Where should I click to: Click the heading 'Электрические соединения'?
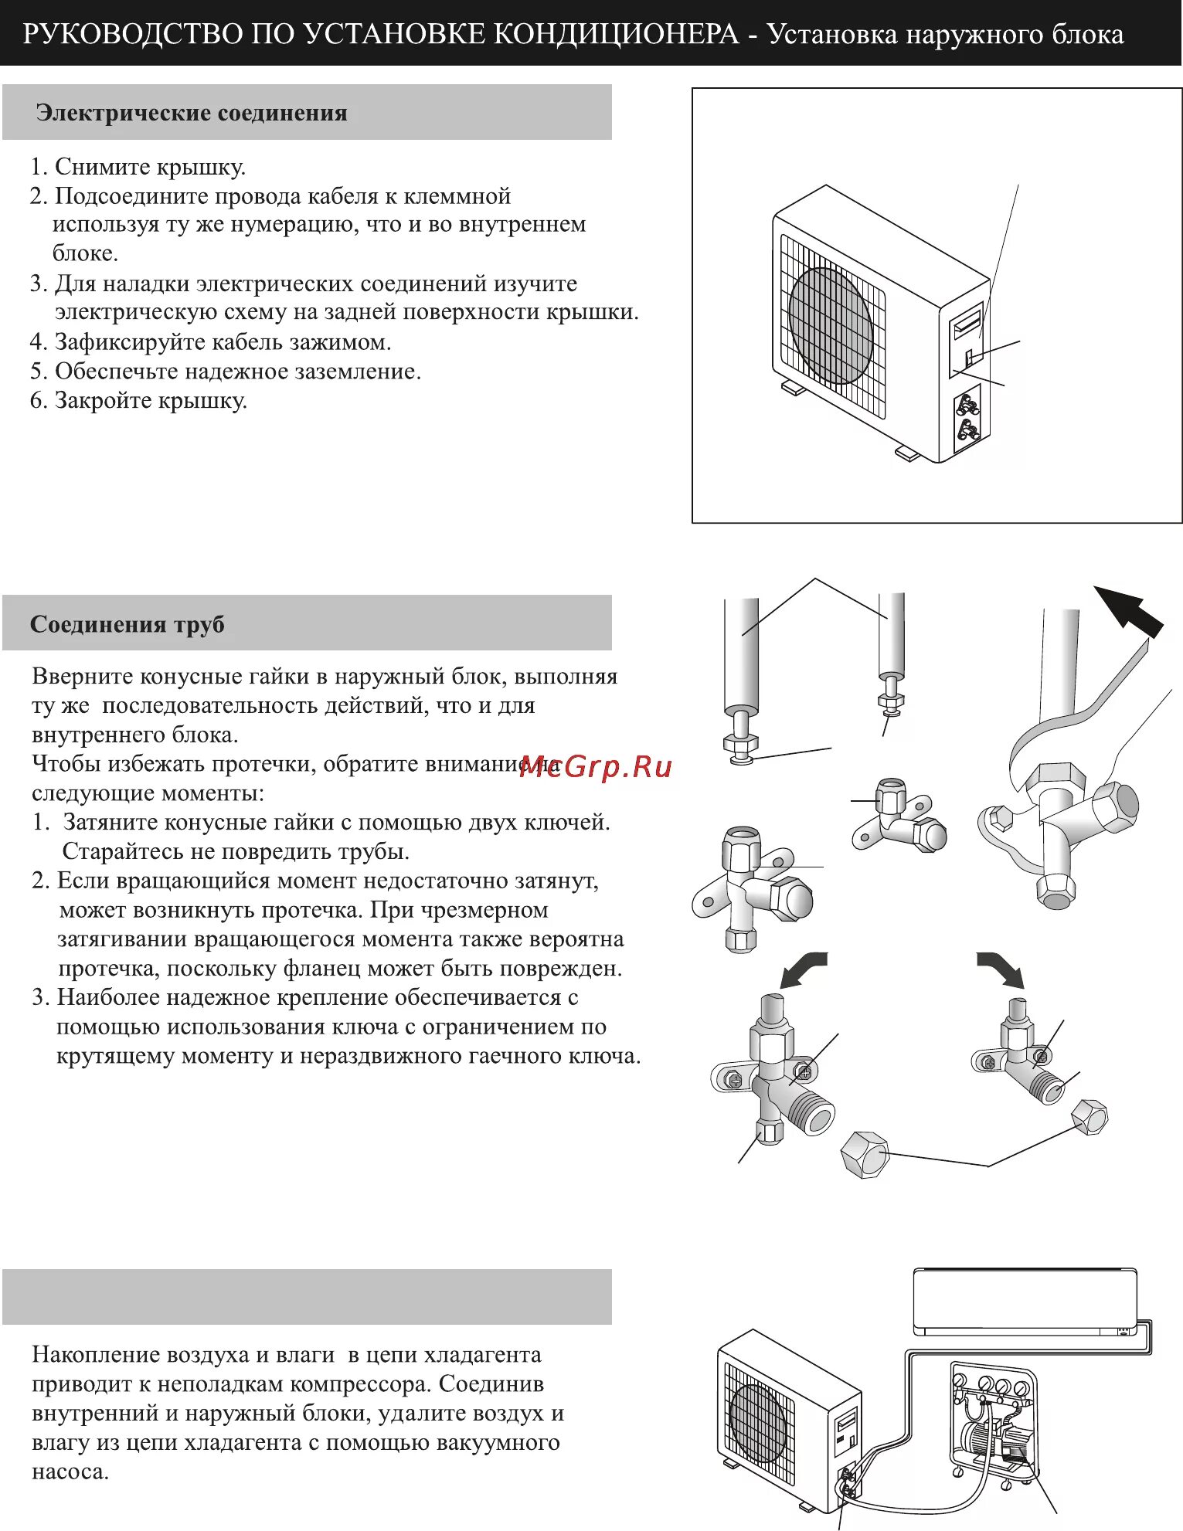[191, 114]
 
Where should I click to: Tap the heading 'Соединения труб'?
[127, 624]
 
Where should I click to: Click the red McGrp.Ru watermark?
[596, 767]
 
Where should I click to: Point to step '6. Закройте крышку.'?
[138, 401]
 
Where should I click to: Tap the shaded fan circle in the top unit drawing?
[831, 326]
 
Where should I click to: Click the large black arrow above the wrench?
[1129, 610]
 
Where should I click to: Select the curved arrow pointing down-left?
[803, 970]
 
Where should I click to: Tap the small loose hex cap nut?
[1090, 1116]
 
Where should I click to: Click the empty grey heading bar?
[307, 1297]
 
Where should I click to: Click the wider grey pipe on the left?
[742, 657]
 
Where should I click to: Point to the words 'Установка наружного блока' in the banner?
[945, 34]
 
